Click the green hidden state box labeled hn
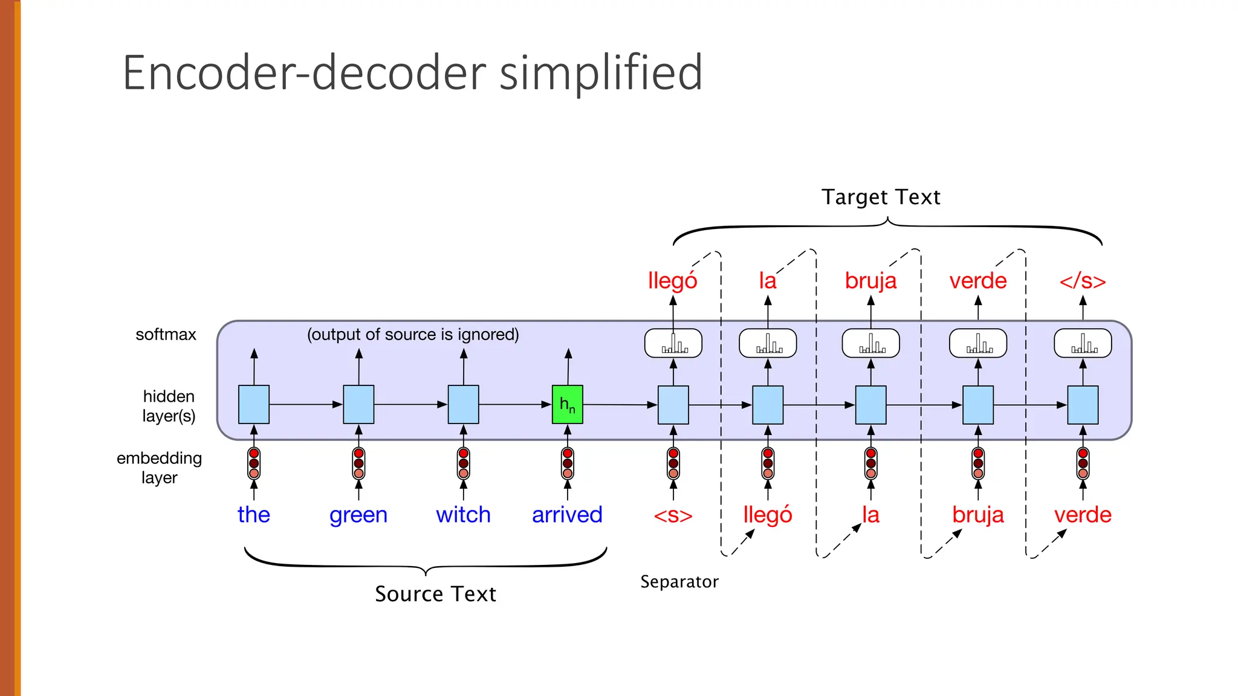tap(567, 404)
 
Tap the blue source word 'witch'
tap(463, 515)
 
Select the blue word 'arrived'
tap(567, 515)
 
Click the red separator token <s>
tap(673, 516)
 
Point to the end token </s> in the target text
tap(1083, 281)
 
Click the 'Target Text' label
tap(881, 197)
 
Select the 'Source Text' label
tap(435, 594)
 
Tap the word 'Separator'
tap(679, 582)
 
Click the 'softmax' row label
tap(166, 335)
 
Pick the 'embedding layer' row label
tap(159, 467)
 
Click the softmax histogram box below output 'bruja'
tap(870, 343)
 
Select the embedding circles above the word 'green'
tap(358, 463)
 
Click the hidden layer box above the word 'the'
tap(254, 404)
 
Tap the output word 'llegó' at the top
tap(672, 281)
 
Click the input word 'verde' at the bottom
tap(1083, 515)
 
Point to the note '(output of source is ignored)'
tap(413, 335)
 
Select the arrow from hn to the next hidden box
tap(620, 404)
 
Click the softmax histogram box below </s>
tap(1083, 343)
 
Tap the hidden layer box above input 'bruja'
tap(977, 404)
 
